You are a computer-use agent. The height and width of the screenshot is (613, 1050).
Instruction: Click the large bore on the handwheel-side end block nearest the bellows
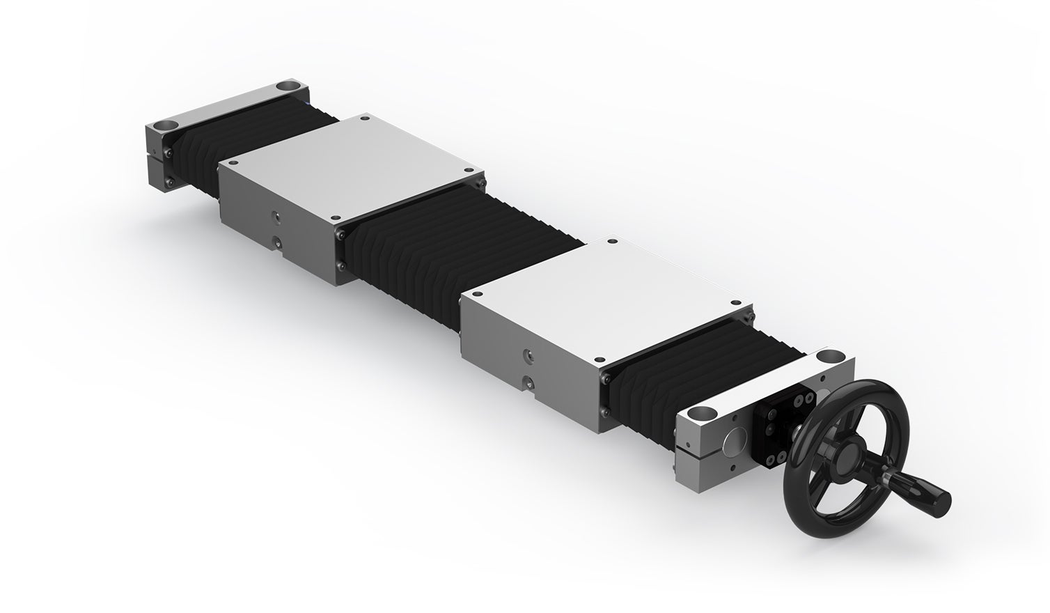[829, 357]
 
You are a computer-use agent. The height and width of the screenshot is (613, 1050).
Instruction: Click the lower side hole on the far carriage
[277, 242]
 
